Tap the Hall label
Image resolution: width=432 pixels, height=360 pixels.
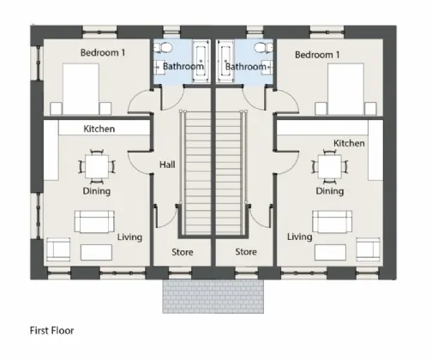click(x=167, y=165)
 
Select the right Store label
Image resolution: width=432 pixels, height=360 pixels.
click(x=246, y=252)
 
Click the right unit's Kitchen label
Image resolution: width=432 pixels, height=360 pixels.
click(x=349, y=142)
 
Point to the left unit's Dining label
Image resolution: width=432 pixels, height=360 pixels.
click(x=95, y=192)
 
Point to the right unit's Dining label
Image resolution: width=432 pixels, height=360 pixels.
click(x=330, y=191)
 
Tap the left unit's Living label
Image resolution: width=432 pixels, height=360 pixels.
click(x=130, y=237)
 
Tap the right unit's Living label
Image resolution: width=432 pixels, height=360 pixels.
click(x=299, y=237)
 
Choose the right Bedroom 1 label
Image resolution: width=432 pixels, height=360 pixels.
click(x=317, y=55)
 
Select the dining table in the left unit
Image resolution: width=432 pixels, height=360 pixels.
click(x=95, y=165)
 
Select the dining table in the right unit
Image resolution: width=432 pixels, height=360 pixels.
click(x=330, y=165)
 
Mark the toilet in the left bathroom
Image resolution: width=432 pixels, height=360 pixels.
click(x=168, y=50)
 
